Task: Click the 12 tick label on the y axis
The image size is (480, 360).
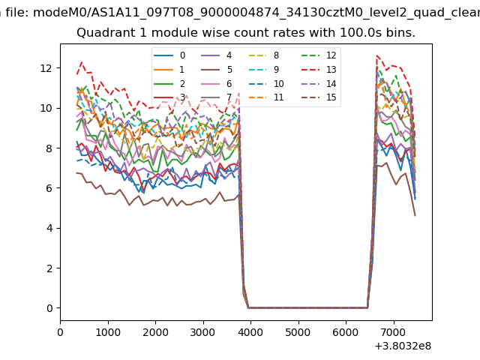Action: [46, 68]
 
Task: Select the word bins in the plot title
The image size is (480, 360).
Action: [398, 34]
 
